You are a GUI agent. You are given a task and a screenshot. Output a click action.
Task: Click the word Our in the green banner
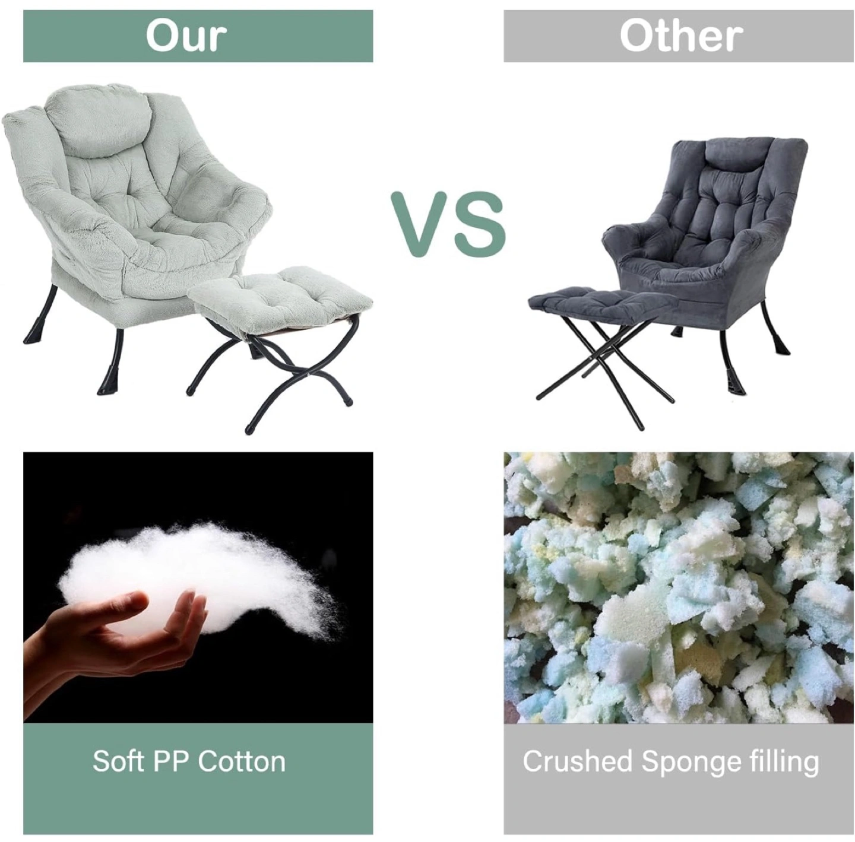(186, 36)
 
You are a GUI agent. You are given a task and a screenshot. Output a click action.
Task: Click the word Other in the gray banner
(681, 36)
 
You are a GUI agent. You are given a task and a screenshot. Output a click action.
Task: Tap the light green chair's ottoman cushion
(280, 291)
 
